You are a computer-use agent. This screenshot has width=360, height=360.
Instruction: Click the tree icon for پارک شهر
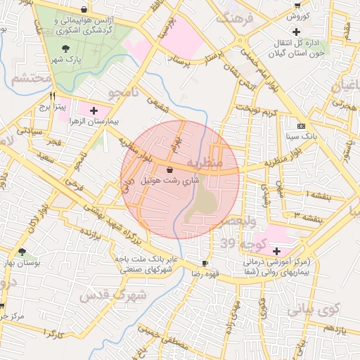(66, 49)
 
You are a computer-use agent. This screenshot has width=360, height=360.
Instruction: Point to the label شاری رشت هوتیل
(170, 180)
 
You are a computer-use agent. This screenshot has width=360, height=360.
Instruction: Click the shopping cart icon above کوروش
(297, 5)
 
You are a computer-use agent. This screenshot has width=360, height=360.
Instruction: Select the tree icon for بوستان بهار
(23, 251)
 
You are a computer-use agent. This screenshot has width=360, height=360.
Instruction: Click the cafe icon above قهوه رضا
(205, 262)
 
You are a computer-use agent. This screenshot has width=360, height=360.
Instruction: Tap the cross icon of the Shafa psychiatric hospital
(276, 251)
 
